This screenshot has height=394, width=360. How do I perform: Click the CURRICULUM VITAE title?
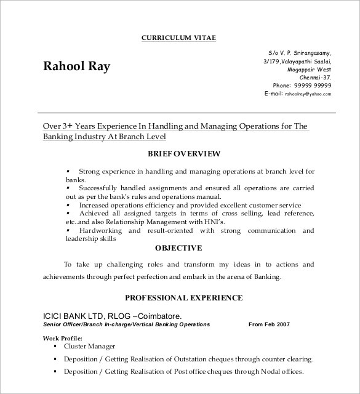[179, 37]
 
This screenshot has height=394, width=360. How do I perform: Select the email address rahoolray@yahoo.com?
[307, 94]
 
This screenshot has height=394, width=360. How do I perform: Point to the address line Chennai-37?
[315, 78]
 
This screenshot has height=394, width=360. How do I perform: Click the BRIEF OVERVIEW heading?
[184, 153]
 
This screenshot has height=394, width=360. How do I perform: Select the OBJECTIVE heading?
[178, 248]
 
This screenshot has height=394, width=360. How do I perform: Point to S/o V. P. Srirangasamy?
[300, 54]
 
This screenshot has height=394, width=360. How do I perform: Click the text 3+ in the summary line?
[68, 126]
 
